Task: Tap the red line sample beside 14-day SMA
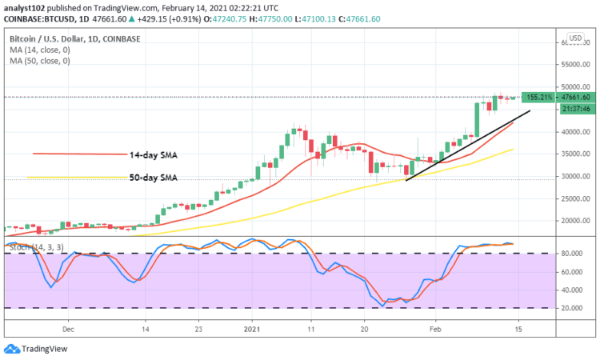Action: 80,154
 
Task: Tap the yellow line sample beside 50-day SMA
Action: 76,178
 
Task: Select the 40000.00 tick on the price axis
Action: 574,131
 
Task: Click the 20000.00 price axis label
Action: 574,221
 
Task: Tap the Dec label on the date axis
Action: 68,328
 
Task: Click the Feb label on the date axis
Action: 434,328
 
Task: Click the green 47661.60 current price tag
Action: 570,97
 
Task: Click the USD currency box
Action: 574,38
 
